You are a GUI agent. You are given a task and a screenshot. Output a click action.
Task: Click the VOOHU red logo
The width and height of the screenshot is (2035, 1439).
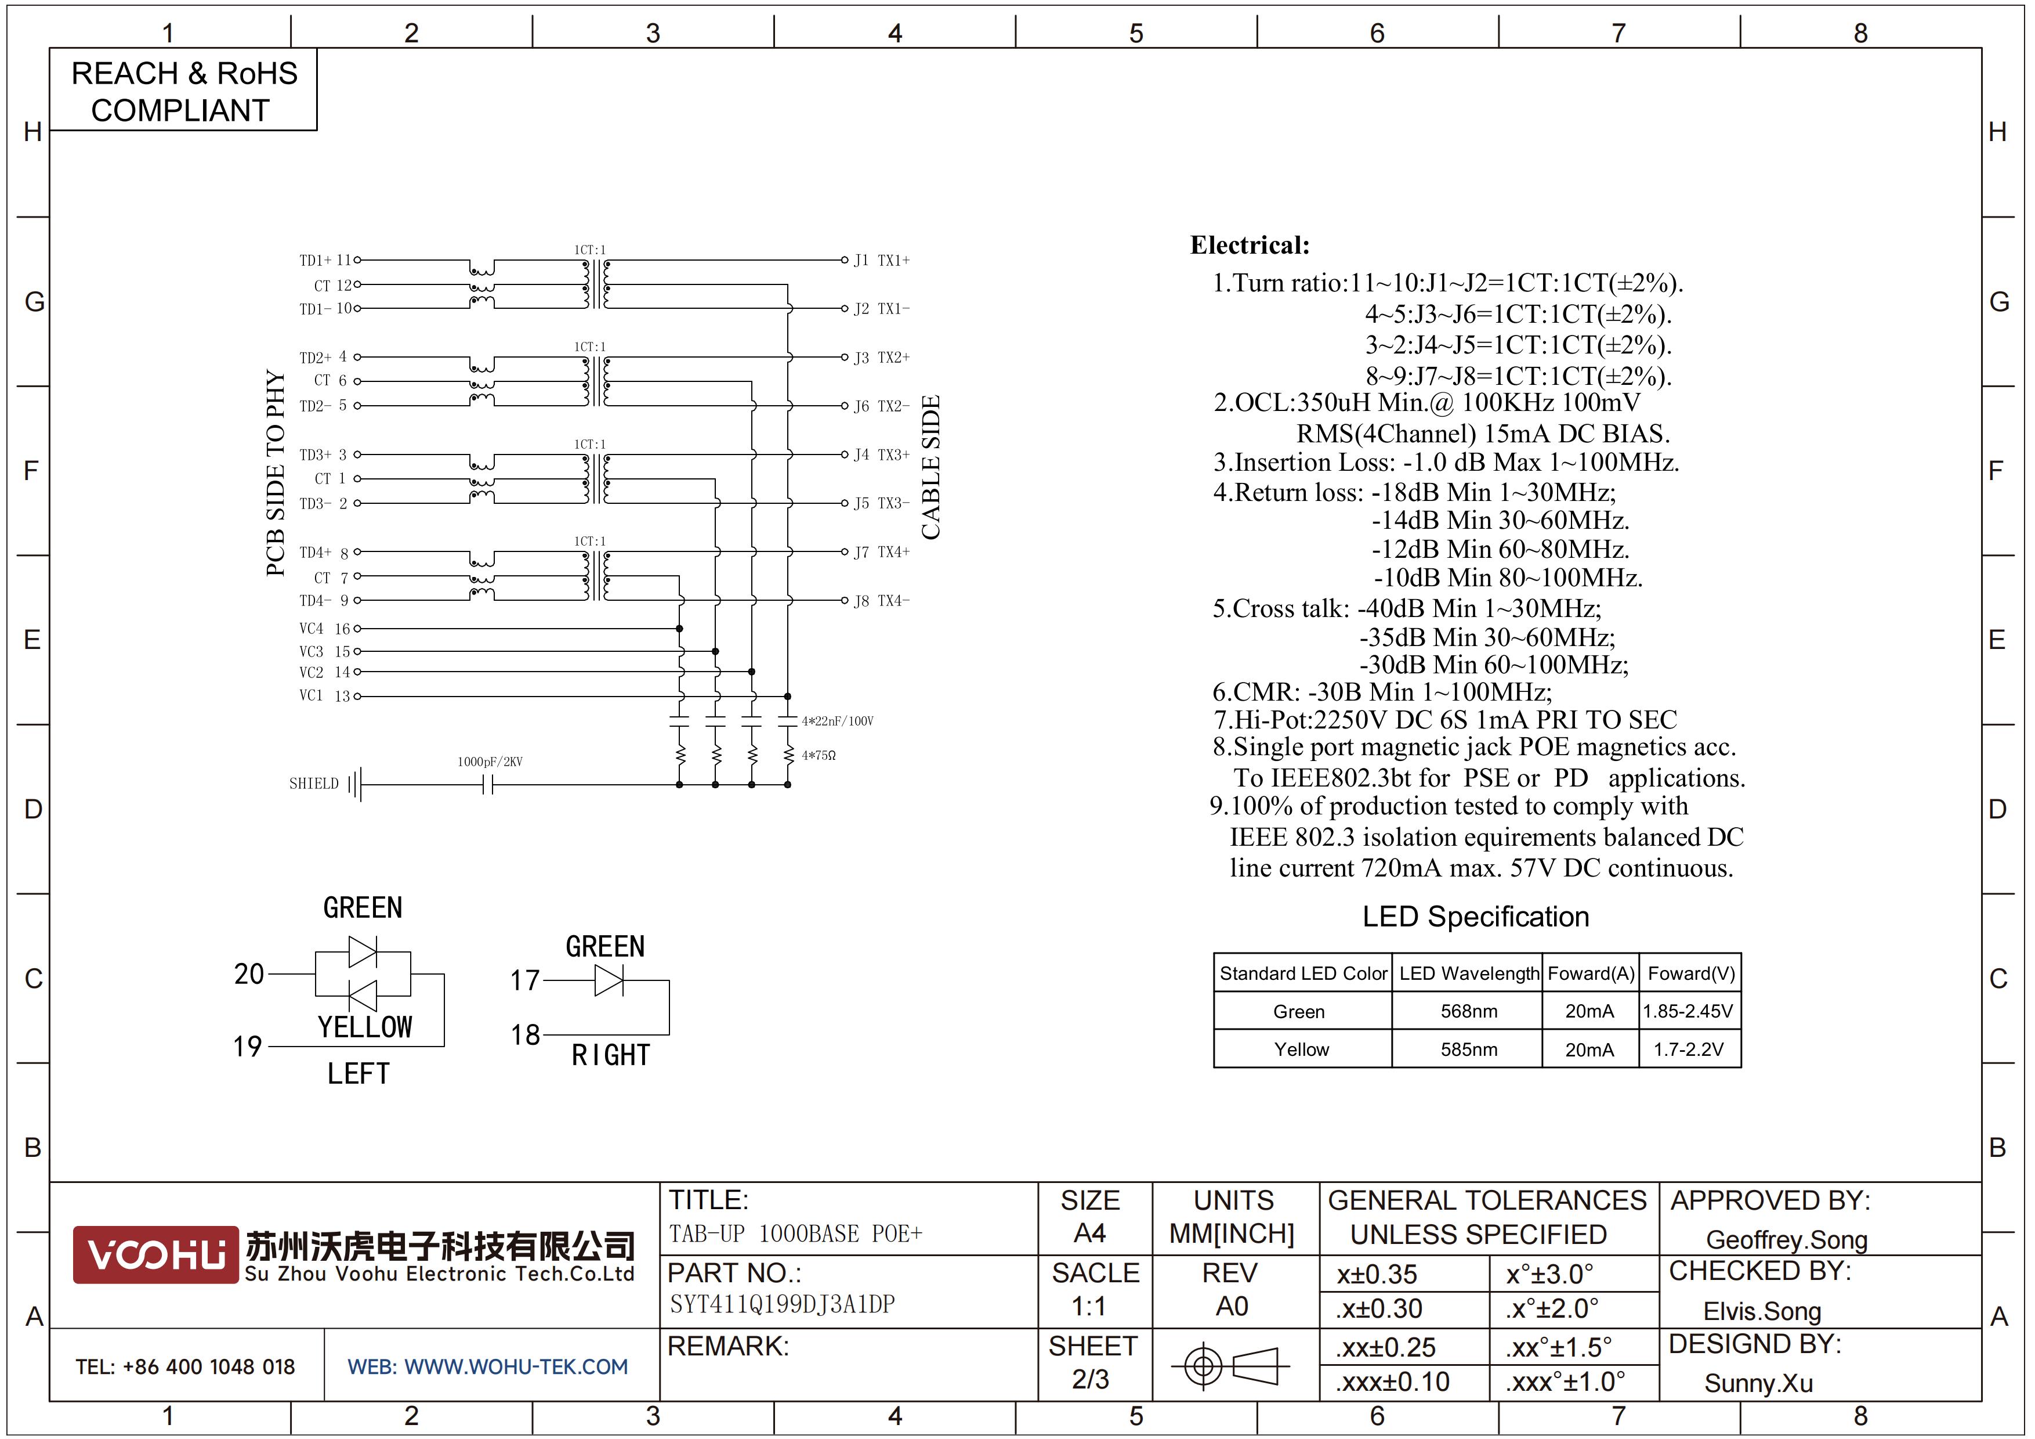tap(156, 1254)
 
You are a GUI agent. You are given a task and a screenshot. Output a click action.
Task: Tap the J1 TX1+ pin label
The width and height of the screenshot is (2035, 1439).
tap(882, 261)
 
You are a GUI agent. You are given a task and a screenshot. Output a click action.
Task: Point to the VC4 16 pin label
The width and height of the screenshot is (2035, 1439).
tap(324, 629)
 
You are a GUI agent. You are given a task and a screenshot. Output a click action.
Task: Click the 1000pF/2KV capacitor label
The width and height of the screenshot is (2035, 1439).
tap(490, 762)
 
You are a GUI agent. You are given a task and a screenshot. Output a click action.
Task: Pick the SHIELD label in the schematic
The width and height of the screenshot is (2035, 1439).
tap(314, 784)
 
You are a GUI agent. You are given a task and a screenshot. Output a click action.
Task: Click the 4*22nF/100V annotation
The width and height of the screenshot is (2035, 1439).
tap(838, 721)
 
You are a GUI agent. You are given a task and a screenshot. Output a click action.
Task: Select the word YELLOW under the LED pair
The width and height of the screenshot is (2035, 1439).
tap(365, 1027)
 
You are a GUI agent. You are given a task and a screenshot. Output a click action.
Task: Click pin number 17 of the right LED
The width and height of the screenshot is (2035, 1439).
tap(525, 980)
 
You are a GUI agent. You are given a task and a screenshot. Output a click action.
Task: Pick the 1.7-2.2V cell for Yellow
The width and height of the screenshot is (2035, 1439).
tap(1689, 1050)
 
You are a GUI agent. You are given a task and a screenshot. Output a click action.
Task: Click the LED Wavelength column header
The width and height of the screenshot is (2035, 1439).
tap(1469, 973)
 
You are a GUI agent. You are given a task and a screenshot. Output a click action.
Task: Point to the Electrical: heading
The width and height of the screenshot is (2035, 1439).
tap(1250, 246)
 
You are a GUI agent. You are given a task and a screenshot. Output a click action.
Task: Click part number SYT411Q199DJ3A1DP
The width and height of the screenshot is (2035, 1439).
tap(783, 1304)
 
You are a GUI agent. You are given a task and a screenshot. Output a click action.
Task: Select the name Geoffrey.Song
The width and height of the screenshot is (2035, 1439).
tap(1787, 1240)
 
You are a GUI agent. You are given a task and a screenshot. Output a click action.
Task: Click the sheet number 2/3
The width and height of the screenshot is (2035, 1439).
tap(1090, 1380)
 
